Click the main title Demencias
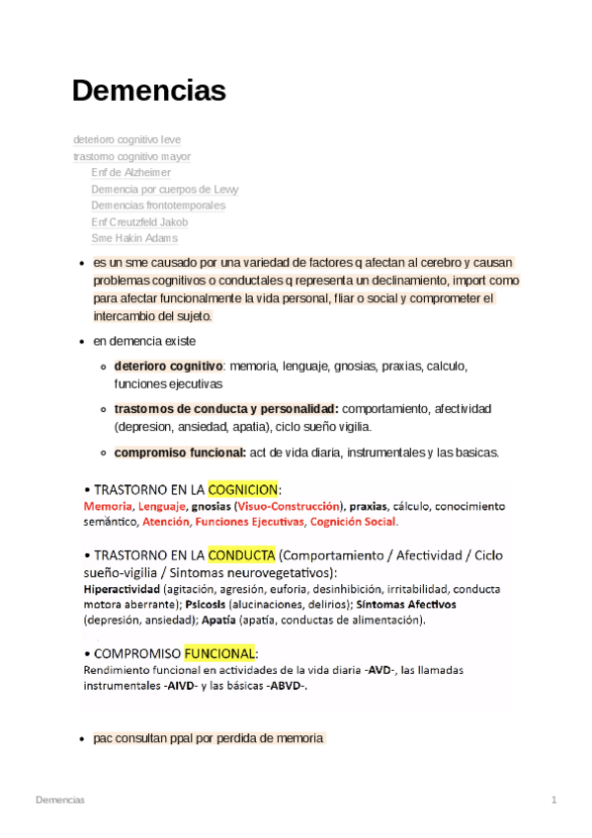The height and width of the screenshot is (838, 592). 149,91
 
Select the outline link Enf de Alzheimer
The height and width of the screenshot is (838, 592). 130,173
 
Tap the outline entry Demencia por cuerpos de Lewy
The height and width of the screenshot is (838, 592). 164,189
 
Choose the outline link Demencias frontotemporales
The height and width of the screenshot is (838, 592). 158,206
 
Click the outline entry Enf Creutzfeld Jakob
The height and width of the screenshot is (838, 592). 139,222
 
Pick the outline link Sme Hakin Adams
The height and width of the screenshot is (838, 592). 134,238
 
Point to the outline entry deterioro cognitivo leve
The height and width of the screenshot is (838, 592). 127,140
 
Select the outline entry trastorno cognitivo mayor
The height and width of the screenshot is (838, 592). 131,156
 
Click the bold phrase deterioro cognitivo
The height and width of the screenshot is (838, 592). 168,366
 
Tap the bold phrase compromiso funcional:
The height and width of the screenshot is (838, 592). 180,453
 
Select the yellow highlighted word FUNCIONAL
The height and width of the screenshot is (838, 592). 219,653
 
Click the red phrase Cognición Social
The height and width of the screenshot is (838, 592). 353,521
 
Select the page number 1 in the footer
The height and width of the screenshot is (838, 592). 554,798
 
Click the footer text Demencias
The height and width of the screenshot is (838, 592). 60,798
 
